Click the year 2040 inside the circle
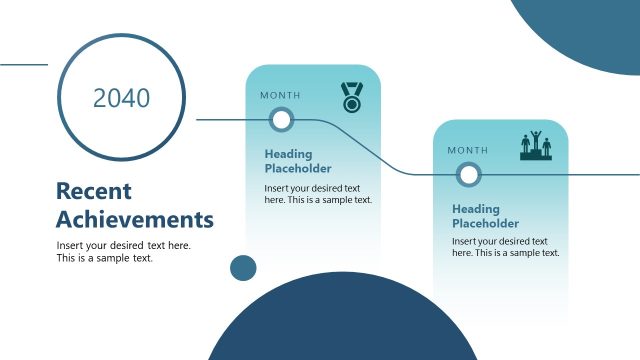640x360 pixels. click(121, 98)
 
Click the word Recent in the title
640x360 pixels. click(93, 191)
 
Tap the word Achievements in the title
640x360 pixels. click(135, 219)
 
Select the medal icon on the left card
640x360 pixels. click(351, 96)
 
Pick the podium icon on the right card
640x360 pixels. click(537, 146)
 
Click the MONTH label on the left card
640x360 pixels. click(280, 95)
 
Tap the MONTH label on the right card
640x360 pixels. click(468, 150)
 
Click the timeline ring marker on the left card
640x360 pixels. click(282, 120)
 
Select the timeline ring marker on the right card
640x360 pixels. click(468, 175)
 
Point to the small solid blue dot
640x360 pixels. click(243, 267)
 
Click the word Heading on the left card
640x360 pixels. click(288, 154)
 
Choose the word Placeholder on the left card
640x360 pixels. click(298, 168)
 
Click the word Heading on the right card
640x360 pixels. click(476, 209)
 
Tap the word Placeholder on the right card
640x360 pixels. click(485, 223)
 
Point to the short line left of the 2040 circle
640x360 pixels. click(23, 65)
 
